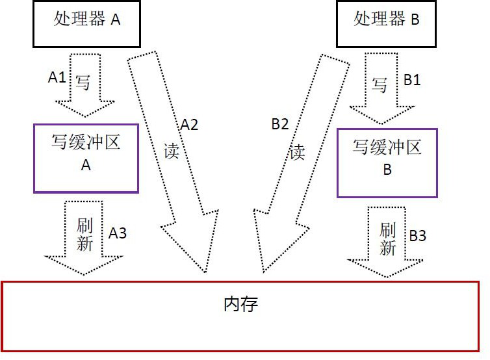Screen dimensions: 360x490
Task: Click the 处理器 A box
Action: click(x=86, y=23)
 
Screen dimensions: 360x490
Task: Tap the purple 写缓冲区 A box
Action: click(x=86, y=158)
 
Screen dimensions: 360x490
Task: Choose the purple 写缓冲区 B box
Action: click(x=387, y=162)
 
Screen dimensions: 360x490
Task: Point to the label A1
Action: click(x=57, y=77)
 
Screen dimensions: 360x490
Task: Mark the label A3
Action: click(x=118, y=233)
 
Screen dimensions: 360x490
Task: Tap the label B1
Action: click(x=413, y=80)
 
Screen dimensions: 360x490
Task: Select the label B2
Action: click(x=279, y=125)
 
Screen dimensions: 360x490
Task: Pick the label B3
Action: click(x=417, y=236)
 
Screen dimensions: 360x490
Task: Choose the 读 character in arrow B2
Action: click(x=297, y=152)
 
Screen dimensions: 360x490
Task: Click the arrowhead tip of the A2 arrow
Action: click(x=207, y=271)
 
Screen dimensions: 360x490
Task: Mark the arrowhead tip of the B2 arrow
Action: click(x=263, y=271)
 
